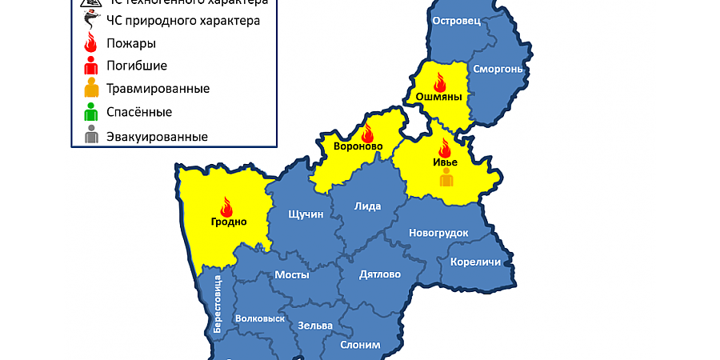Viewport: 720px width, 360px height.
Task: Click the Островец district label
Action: click(456, 22)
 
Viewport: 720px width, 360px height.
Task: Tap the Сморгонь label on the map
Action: click(498, 70)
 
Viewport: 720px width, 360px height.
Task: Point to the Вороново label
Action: click(358, 146)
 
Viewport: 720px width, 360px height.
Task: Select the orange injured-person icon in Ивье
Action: click(446, 178)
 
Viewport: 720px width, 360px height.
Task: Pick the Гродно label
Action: click(229, 222)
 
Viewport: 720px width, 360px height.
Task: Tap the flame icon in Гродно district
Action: click(226, 206)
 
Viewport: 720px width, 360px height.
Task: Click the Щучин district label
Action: click(305, 214)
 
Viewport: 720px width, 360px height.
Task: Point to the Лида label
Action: click(368, 206)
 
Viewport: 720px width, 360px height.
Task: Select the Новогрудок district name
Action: click(438, 233)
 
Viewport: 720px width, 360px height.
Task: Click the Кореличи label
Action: click(475, 262)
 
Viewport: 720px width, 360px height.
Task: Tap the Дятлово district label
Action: click(380, 274)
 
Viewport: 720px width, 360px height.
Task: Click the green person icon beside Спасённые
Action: click(91, 111)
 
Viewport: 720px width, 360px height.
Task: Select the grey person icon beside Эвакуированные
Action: click(91, 135)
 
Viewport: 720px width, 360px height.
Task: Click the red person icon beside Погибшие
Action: click(91, 65)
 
